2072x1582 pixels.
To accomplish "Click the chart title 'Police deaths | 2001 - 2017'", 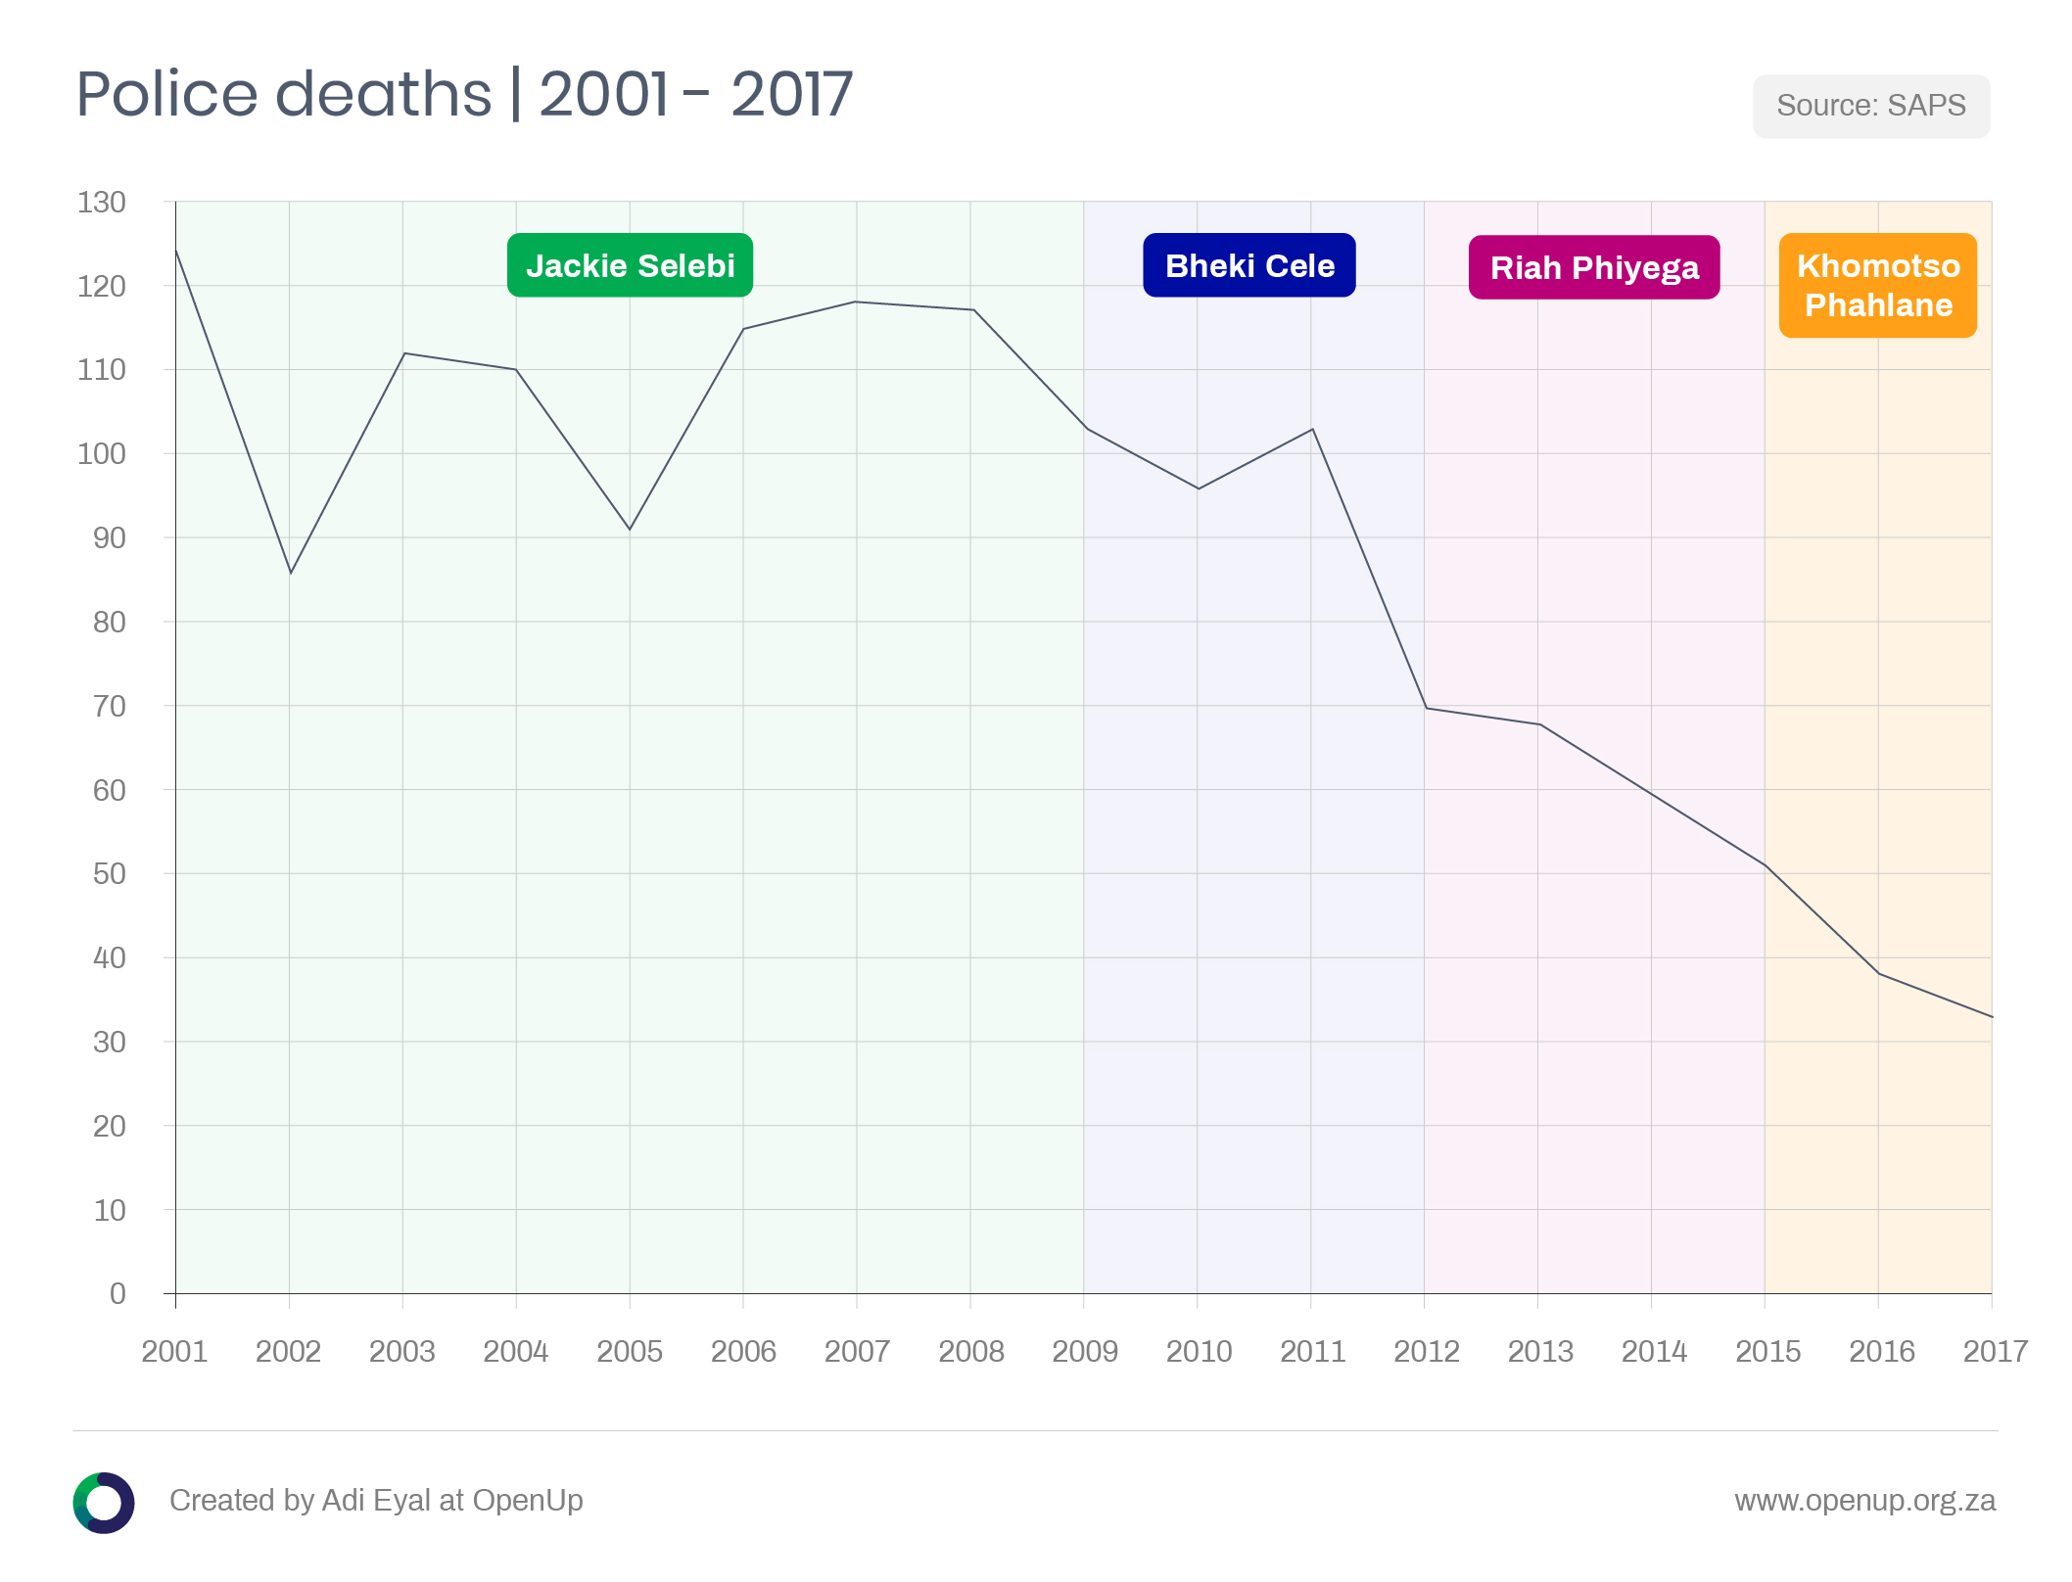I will [x=464, y=95].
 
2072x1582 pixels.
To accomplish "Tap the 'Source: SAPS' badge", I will [x=1870, y=106].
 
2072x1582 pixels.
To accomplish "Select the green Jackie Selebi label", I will [x=630, y=265].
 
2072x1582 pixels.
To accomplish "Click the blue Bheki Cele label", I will [x=1248, y=265].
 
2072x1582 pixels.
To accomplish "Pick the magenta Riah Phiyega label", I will [x=1593, y=267].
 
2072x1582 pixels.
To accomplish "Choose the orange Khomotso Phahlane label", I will [x=1877, y=285].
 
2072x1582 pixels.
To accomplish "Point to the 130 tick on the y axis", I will [x=102, y=203].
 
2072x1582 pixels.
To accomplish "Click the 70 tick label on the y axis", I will [x=109, y=706].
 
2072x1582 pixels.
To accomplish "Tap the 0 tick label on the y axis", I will [x=118, y=1293].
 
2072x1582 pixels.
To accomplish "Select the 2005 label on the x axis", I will [x=630, y=1352].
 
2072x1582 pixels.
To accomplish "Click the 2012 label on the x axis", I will [x=1426, y=1352].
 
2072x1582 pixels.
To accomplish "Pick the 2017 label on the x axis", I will [x=1995, y=1352].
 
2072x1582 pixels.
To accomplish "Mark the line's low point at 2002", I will [x=291, y=573].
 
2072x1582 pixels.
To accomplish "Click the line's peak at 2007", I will [x=856, y=302].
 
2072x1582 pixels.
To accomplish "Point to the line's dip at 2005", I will [x=630, y=530].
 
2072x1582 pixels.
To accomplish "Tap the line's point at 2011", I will [x=1312, y=429].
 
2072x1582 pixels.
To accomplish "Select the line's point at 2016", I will [x=1878, y=973].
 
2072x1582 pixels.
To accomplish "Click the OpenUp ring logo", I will [x=104, y=1502].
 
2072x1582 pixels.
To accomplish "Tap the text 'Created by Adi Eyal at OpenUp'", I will [x=376, y=1501].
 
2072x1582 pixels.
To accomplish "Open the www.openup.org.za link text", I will [x=1864, y=1501].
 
